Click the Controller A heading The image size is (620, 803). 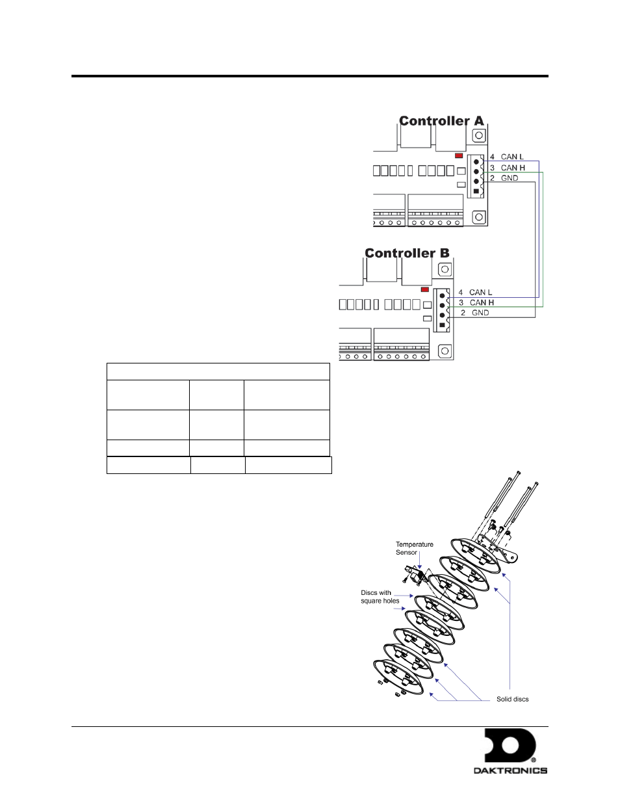click(441, 121)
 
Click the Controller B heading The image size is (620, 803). click(407, 253)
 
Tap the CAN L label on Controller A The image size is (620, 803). click(512, 157)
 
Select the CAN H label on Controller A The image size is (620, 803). click(513, 168)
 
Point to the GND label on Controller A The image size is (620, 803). click(510, 178)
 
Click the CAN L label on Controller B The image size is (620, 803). click(480, 293)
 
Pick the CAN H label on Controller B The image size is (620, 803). click(482, 302)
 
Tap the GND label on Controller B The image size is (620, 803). click(480, 313)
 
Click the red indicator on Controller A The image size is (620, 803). click(459, 156)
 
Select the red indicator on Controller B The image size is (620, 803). click(425, 289)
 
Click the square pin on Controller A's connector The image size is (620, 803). click(476, 191)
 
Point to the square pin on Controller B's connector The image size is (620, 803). click(442, 325)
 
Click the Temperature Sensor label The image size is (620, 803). click(415, 548)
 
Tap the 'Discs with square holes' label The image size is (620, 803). click(380, 597)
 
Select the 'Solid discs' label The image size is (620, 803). click(512, 699)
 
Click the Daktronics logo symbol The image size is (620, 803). click(510, 745)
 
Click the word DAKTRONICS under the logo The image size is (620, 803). click(510, 770)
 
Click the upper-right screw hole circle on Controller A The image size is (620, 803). click(478, 135)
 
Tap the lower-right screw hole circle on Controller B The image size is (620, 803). click(445, 350)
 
